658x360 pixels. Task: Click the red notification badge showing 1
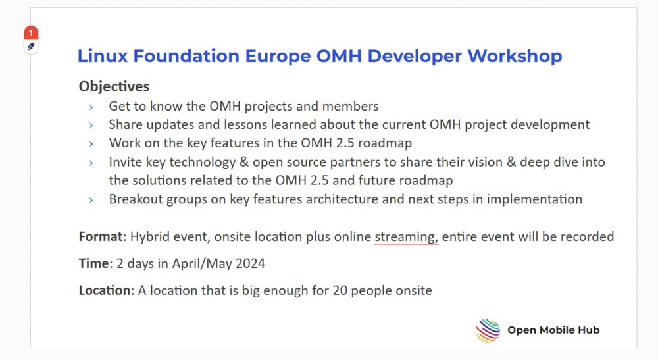31,33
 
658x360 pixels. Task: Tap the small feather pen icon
31,47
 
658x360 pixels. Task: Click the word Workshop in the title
515,56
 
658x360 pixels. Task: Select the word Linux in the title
103,56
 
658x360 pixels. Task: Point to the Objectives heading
114,86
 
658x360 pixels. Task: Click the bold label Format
101,237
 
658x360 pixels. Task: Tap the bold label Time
94,263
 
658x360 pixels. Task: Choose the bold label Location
105,290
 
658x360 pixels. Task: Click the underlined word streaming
406,237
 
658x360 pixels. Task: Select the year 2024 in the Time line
251,263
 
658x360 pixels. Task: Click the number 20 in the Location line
340,290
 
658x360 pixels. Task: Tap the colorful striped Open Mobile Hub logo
488,330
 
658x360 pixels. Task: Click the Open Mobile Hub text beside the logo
553,330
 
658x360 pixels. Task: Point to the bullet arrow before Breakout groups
91,199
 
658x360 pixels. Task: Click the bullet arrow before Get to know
91,107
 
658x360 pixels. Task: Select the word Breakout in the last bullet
136,199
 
